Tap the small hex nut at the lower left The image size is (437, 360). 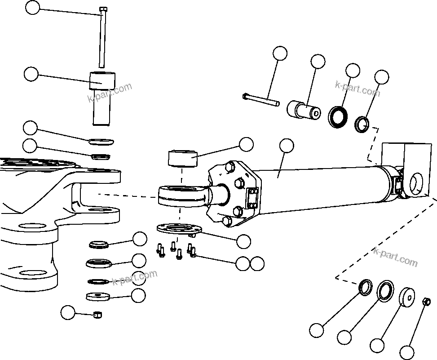coord(97,315)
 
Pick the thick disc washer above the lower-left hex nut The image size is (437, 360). coord(97,297)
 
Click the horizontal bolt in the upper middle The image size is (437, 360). coord(260,99)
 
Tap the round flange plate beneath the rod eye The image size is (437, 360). coord(179,228)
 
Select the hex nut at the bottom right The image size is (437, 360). coord(427,302)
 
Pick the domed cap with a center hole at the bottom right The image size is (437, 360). coord(407,298)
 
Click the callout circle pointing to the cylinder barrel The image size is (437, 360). coord(286,146)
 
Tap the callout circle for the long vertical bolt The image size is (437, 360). coord(32,7)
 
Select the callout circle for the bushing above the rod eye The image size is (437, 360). coord(246,144)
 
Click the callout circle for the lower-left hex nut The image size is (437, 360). coord(68,312)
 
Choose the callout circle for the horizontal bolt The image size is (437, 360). coord(280,53)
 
